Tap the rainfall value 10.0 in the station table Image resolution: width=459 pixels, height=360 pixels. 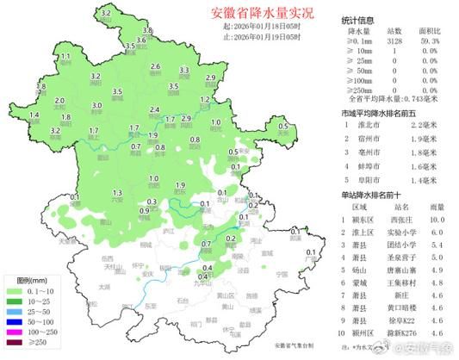(437, 220)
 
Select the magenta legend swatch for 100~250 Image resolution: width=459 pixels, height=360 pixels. (15, 332)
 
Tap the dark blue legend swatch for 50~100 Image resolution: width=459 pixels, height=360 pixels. (15, 321)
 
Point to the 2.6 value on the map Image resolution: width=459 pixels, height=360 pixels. (156, 66)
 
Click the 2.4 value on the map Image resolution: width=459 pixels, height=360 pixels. (155, 110)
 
